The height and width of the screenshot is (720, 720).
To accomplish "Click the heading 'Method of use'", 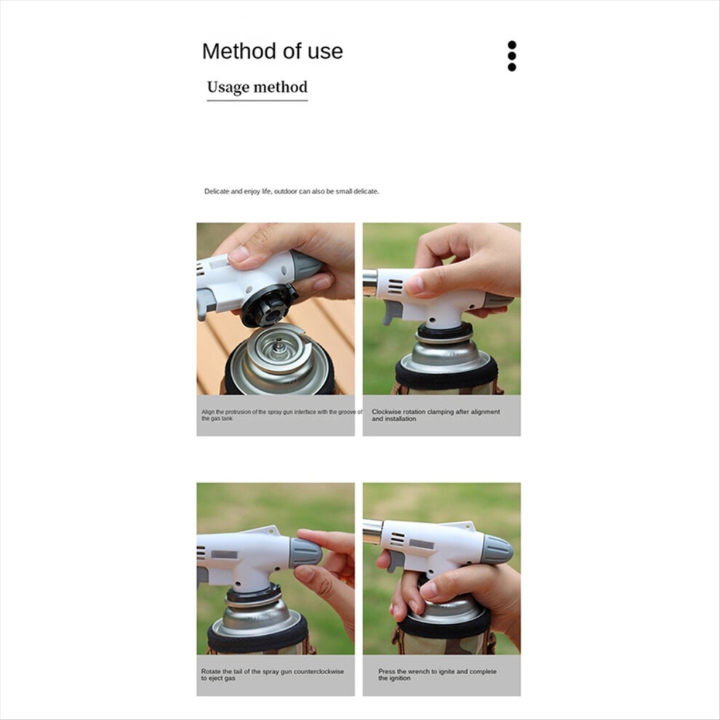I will [x=272, y=52].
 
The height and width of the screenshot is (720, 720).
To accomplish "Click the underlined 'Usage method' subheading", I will [x=257, y=87].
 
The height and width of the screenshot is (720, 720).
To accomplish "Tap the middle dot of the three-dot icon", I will [x=512, y=56].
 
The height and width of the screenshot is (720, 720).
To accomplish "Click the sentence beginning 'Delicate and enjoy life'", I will [x=292, y=191].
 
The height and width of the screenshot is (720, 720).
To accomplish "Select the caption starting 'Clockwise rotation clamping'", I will [x=436, y=415].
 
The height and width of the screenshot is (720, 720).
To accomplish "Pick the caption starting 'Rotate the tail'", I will [x=272, y=674].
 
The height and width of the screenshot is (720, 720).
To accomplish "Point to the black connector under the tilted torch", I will [x=269, y=306].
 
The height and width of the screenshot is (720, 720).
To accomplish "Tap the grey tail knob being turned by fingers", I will [x=305, y=553].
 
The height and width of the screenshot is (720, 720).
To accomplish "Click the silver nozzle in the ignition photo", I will [x=372, y=532].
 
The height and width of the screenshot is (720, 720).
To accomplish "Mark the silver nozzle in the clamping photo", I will [x=369, y=281].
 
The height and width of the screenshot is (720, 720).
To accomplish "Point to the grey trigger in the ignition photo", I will [x=395, y=561].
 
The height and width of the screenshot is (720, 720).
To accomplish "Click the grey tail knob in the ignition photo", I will [x=497, y=550].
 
